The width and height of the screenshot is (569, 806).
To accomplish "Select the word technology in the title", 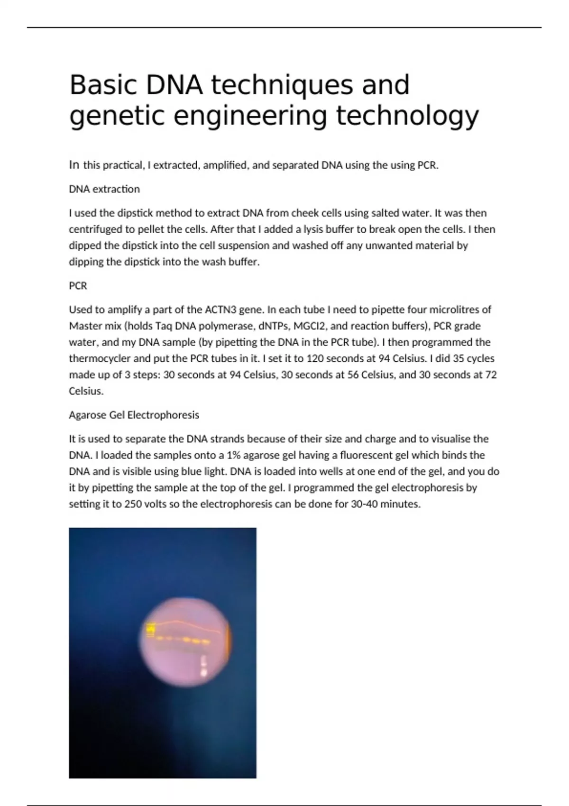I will tap(407, 117).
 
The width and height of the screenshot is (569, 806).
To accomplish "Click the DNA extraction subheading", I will tap(104, 189).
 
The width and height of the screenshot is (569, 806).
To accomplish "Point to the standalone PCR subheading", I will tap(78, 286).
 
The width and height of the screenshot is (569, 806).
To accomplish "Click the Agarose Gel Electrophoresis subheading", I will tap(134, 415).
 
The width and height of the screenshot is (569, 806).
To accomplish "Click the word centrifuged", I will tap(95, 229).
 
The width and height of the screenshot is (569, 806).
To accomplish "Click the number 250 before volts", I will tap(133, 504).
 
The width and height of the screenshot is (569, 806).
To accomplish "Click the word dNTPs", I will tap(274, 326).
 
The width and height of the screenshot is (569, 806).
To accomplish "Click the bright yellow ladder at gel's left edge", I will tap(151, 630).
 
